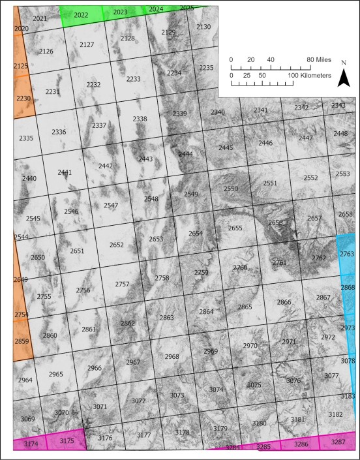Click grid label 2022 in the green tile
pyautogui.click(x=82, y=15)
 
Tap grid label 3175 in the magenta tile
pyautogui.click(x=67, y=441)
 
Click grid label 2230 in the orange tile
pyautogui.click(x=23, y=98)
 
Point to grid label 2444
pyautogui.click(x=186, y=154)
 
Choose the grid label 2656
pyautogui.click(x=275, y=222)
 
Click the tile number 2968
pyautogui.click(x=172, y=357)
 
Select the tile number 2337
pyautogui.click(x=99, y=125)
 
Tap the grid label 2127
pyautogui.click(x=87, y=44)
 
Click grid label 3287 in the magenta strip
pyautogui.click(x=338, y=442)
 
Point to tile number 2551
pyautogui.click(x=270, y=183)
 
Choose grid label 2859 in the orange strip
pyautogui.click(x=22, y=341)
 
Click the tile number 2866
pyautogui.click(x=284, y=302)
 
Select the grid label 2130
pyautogui.click(x=203, y=27)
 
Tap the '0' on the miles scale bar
pyautogui.click(x=231, y=60)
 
